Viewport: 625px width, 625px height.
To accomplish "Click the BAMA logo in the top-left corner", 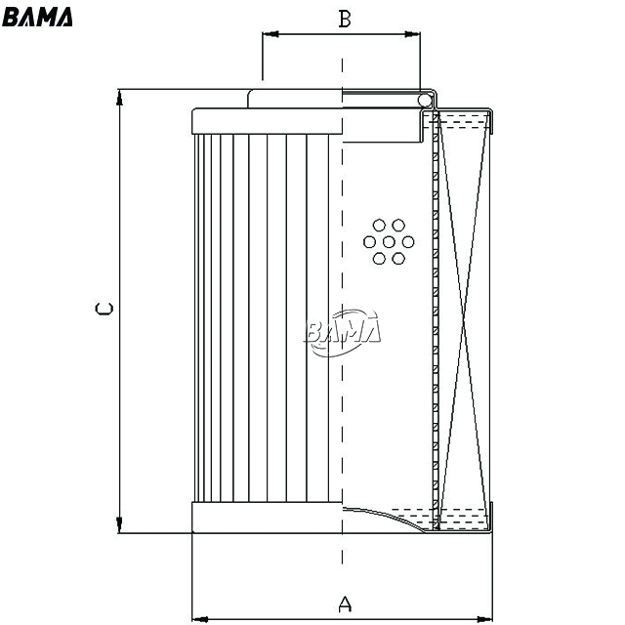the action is click(37, 18).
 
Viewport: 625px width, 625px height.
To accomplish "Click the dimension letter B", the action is click(345, 19).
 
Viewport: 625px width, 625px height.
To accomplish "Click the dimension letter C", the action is click(104, 309).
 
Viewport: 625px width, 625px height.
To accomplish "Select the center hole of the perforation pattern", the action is click(389, 242).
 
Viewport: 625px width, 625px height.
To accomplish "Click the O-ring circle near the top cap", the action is click(425, 100).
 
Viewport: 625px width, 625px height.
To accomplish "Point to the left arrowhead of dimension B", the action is click(270, 34).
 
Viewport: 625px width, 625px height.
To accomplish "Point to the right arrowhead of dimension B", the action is click(412, 34).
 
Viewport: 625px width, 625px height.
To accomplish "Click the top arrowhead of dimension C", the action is click(119, 98).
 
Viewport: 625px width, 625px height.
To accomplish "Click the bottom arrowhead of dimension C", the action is click(119, 525).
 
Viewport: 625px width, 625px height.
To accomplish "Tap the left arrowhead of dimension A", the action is click(200, 619).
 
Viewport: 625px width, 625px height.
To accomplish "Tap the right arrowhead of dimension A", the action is click(484, 619).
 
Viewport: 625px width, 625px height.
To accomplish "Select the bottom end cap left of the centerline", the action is click(267, 518).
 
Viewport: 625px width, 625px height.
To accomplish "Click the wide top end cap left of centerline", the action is click(267, 121).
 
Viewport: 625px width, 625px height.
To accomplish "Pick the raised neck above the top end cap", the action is click(295, 99).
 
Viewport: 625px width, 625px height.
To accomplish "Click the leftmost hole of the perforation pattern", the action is click(369, 242).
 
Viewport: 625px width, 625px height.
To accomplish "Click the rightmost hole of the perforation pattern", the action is click(408, 242).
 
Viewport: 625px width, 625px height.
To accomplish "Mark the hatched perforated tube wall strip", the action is click(436, 321).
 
